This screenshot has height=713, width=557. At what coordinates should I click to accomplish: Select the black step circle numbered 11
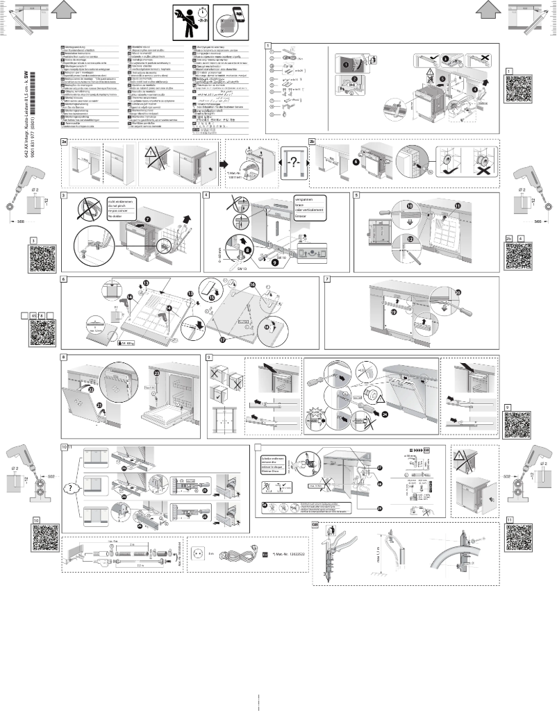click(x=458, y=206)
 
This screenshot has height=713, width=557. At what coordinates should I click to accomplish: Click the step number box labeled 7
click(x=328, y=280)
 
